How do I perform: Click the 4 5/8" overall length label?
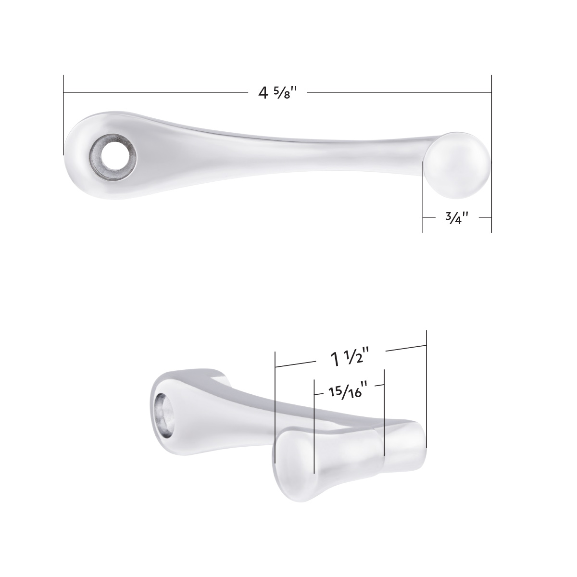(276, 92)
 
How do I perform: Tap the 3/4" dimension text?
(454, 218)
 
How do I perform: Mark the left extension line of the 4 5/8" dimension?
(63, 115)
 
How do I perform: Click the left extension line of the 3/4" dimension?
(423, 197)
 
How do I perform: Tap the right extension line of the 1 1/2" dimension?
(426, 385)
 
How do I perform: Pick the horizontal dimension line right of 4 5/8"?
(399, 92)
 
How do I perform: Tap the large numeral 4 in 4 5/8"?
(263, 92)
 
